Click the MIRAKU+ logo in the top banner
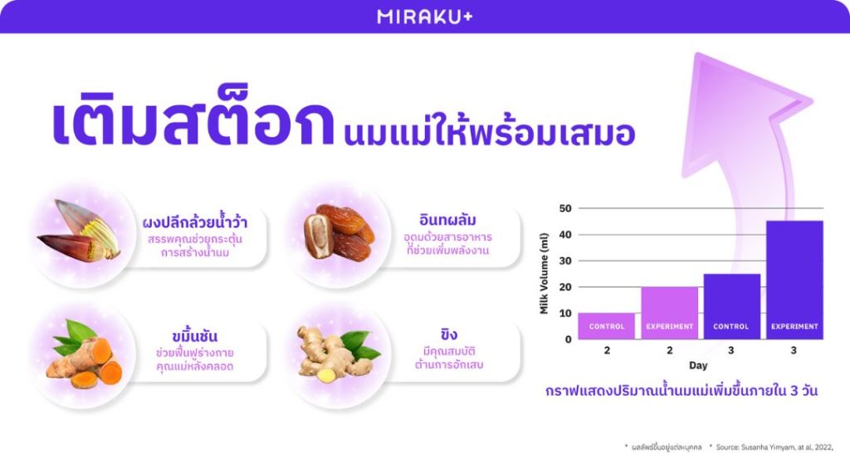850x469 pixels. (x=424, y=16)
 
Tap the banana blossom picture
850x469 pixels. (x=79, y=232)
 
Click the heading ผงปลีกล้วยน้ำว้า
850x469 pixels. (x=194, y=222)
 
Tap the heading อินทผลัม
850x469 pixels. (x=447, y=221)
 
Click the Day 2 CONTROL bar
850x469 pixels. (x=607, y=326)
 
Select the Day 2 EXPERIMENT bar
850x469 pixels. (x=669, y=313)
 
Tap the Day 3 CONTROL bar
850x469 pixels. (x=731, y=306)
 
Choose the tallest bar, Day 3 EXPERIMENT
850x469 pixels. (x=794, y=280)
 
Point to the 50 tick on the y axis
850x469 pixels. (x=565, y=208)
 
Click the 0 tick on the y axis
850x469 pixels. (x=568, y=339)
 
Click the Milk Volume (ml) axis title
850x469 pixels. (x=545, y=274)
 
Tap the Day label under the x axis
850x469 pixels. (x=698, y=365)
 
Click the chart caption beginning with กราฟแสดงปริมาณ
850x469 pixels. (x=681, y=389)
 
